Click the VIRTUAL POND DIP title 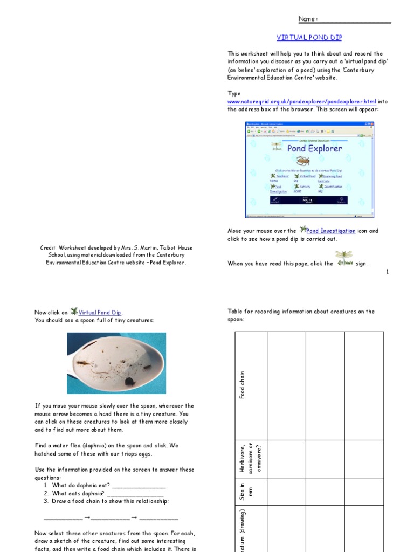[x=309, y=38]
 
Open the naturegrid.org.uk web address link [x=302, y=101]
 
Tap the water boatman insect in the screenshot [x=303, y=161]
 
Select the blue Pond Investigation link [x=330, y=231]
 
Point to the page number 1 [x=387, y=272]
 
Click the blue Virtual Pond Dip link [x=100, y=313]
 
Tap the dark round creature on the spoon [x=129, y=381]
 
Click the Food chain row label [x=243, y=385]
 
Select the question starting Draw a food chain [x=111, y=501]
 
